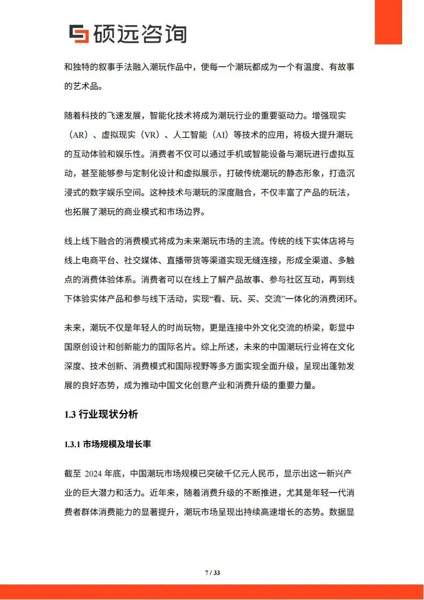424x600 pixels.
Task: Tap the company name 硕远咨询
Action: (x=139, y=33)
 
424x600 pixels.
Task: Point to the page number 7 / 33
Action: (x=213, y=573)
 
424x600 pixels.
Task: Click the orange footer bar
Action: (x=212, y=591)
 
